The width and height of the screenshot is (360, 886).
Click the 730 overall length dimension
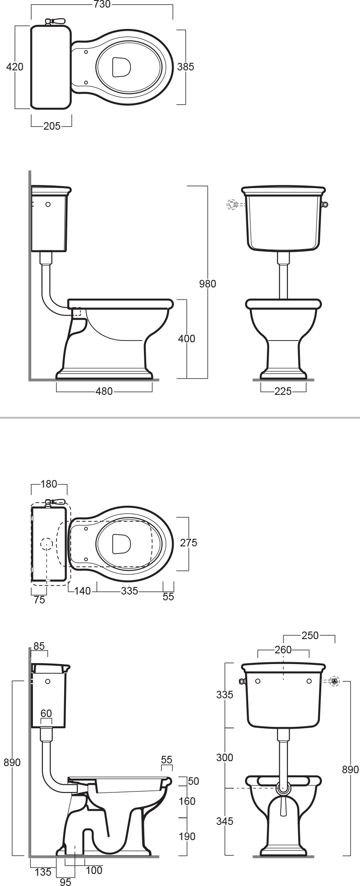[x=102, y=4]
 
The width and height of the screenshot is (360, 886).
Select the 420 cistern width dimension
[x=15, y=67]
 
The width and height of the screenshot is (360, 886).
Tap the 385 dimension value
[x=186, y=67]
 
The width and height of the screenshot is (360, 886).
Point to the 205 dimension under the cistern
[x=52, y=127]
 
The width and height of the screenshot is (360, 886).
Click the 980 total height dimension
[x=207, y=283]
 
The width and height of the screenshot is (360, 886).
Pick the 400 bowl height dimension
[x=186, y=339]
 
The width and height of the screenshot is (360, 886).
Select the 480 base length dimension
[x=104, y=392]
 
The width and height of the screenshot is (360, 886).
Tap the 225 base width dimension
[x=283, y=392]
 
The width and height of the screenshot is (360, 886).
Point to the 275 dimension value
[x=188, y=543]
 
